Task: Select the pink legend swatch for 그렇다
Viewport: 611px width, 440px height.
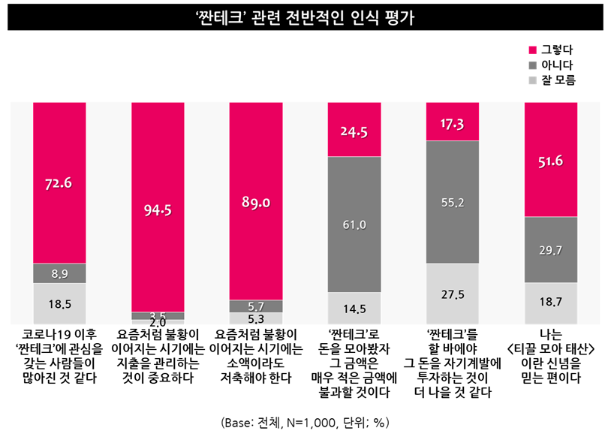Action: (x=533, y=50)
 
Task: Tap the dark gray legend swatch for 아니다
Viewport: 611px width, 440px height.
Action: (x=533, y=65)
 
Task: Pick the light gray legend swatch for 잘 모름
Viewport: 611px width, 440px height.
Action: (x=533, y=79)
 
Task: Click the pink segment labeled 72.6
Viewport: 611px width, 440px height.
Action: (x=60, y=182)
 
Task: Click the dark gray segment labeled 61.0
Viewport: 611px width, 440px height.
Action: (x=354, y=224)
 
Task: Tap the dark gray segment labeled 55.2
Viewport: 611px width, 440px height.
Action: (x=453, y=202)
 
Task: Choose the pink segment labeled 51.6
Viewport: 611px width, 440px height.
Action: (x=551, y=160)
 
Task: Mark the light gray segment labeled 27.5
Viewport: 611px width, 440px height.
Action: (x=453, y=294)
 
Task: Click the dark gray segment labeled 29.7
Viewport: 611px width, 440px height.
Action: (x=551, y=249)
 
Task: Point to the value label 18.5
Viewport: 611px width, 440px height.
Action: (x=60, y=303)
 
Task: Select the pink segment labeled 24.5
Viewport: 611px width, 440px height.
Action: (x=354, y=129)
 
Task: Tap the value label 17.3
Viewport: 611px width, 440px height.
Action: (x=453, y=122)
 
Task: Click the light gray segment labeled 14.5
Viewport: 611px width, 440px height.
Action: (x=354, y=308)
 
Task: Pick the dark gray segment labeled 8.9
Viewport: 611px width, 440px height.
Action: (x=60, y=273)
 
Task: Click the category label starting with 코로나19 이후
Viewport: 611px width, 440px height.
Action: (x=60, y=354)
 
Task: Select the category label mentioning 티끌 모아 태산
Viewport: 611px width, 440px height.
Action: (x=551, y=354)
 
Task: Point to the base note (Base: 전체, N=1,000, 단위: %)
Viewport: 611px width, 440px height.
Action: (x=305, y=422)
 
